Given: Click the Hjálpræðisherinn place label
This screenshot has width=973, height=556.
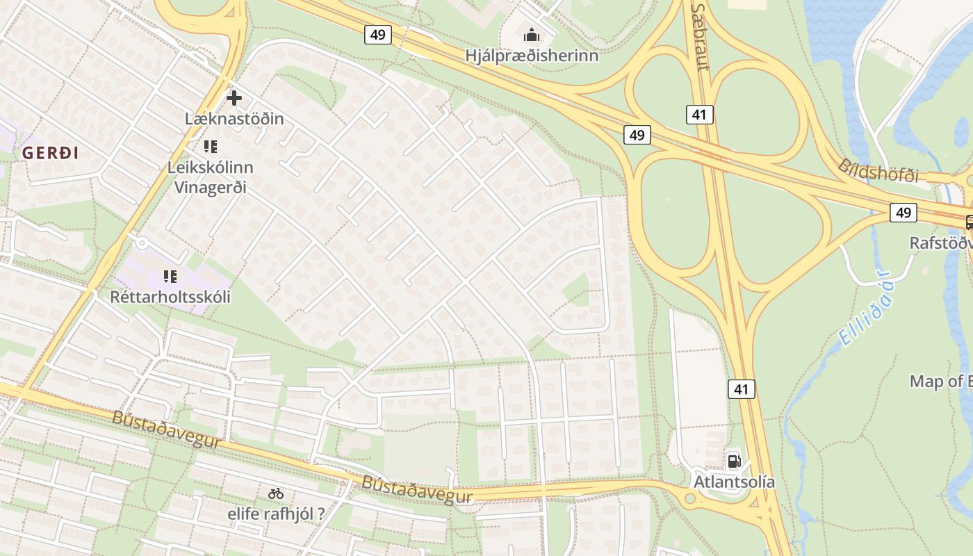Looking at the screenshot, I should click(532, 56).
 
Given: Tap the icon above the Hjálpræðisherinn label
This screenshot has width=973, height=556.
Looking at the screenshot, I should click(532, 34).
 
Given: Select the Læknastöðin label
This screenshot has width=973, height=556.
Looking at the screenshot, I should click(234, 119).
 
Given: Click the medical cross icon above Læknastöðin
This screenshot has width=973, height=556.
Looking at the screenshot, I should click(234, 98).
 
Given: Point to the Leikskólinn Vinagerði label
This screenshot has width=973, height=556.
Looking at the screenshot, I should click(211, 177).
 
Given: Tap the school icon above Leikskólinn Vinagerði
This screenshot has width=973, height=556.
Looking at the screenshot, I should click(211, 147).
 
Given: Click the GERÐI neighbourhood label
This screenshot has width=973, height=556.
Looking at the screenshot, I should click(50, 154).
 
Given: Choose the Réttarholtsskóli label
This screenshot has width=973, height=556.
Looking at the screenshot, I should click(170, 297).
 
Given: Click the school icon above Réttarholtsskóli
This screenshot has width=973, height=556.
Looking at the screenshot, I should click(170, 277).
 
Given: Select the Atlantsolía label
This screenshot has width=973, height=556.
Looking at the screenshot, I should click(734, 482).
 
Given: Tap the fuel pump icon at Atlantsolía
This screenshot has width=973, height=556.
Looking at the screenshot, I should click(734, 461).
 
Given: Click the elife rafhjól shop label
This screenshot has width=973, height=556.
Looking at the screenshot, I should click(276, 515).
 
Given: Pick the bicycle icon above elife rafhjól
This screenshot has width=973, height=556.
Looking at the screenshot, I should click(276, 494).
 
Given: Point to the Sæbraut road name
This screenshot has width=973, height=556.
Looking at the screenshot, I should click(700, 36).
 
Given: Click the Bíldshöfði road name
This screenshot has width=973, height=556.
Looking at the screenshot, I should click(878, 170).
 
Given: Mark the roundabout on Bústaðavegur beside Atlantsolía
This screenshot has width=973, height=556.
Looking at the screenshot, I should click(690, 498).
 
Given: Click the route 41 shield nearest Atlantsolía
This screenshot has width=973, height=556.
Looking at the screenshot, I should click(741, 389).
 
